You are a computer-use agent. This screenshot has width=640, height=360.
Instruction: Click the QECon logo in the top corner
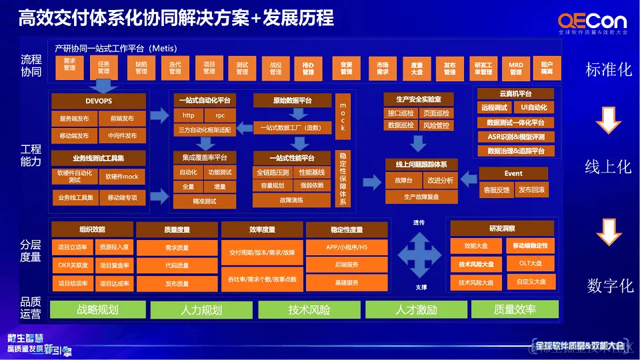591,23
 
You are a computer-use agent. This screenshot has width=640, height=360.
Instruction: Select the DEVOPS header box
99,101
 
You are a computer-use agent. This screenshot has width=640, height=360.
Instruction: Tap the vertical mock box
343,117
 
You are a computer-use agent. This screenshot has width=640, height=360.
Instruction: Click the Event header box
513,173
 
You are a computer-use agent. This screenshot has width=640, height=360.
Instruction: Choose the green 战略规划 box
98,310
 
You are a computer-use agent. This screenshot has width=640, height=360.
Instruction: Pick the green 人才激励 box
416,310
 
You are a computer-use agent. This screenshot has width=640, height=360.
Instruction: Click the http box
189,115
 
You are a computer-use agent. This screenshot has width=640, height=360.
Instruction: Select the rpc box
220,115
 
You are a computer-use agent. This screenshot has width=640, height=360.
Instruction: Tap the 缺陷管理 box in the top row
141,68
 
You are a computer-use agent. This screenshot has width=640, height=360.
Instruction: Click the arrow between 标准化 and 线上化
608,121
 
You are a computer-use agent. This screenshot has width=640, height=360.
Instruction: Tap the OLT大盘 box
530,263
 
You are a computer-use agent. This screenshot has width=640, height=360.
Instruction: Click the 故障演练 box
291,200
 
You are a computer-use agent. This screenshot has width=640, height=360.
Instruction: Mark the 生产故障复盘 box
421,197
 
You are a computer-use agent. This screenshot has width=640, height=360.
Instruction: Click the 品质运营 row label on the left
31,308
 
